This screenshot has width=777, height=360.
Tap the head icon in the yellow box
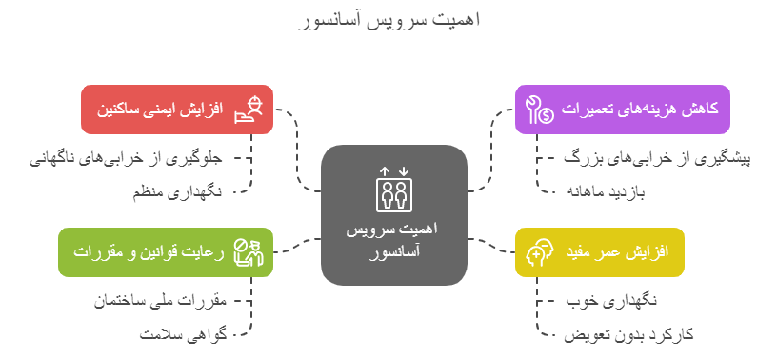pos(538,252)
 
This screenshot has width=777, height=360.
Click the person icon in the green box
pos(249,252)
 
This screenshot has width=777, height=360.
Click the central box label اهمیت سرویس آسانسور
pos(394,241)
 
